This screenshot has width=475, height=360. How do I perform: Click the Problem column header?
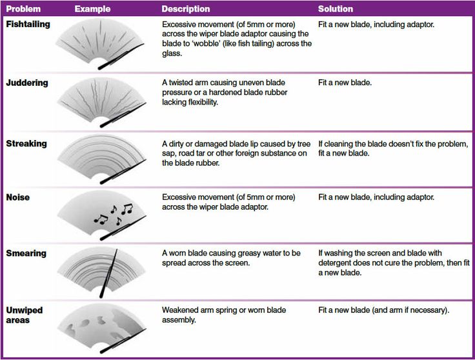(x=23, y=9)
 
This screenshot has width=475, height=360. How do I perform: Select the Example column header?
(x=92, y=9)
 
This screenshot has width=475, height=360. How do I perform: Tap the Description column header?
(x=186, y=9)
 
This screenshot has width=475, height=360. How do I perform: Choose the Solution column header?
(x=336, y=9)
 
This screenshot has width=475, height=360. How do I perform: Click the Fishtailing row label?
(x=28, y=25)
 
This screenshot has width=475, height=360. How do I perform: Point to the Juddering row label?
(x=27, y=83)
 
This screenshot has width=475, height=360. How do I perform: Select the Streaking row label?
(x=26, y=143)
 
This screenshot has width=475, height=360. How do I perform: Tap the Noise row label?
(x=18, y=197)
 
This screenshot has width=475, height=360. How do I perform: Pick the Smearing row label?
(x=26, y=253)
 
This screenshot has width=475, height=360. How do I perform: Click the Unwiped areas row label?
(x=25, y=315)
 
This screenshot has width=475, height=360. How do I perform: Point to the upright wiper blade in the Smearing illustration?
(x=108, y=274)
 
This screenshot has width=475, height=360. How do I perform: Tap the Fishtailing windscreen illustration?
(x=100, y=44)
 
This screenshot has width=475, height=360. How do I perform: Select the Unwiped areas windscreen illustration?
(x=101, y=328)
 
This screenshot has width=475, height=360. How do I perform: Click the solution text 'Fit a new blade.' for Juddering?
(x=345, y=83)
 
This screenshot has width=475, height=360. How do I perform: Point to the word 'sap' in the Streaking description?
(x=168, y=154)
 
